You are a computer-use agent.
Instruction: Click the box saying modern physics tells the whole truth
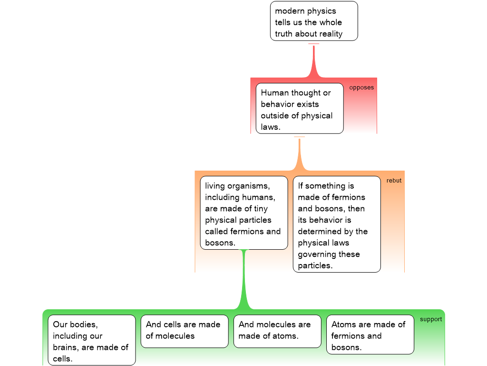[314, 21]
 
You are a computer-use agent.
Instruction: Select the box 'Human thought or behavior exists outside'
[299, 109]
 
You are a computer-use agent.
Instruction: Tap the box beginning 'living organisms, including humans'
[243, 213]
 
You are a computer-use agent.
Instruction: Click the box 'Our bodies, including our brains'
[91, 340]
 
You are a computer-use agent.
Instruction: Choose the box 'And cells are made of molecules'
[184, 331]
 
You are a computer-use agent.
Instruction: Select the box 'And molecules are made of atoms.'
[277, 331]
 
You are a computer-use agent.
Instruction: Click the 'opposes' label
[361, 88]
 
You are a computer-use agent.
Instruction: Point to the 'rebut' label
[394, 181]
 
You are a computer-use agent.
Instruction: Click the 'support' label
[431, 319]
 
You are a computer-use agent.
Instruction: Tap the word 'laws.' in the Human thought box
[271, 127]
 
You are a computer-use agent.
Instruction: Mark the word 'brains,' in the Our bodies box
[67, 347]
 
